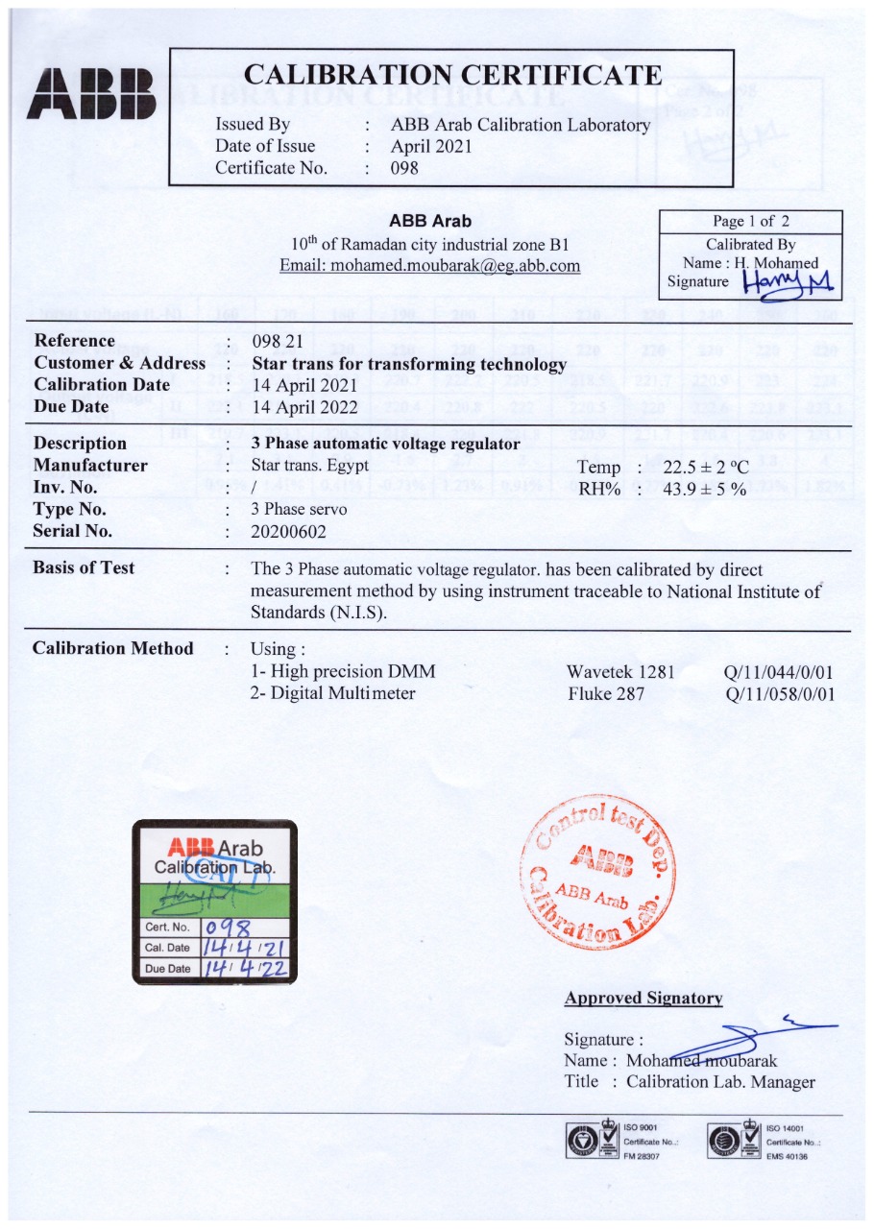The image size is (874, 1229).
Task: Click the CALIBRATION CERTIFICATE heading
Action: [453, 75]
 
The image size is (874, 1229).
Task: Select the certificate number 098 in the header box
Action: [404, 167]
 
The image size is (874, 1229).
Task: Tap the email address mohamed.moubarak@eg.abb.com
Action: [429, 265]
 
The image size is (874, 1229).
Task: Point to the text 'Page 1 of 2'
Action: [750, 222]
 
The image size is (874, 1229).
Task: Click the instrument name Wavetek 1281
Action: [620, 671]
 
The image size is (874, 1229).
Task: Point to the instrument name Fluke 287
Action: [605, 692]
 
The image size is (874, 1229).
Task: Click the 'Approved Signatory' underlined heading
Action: [643, 998]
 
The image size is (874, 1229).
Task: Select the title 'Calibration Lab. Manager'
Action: [720, 1082]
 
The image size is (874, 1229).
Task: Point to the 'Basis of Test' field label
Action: [84, 567]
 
